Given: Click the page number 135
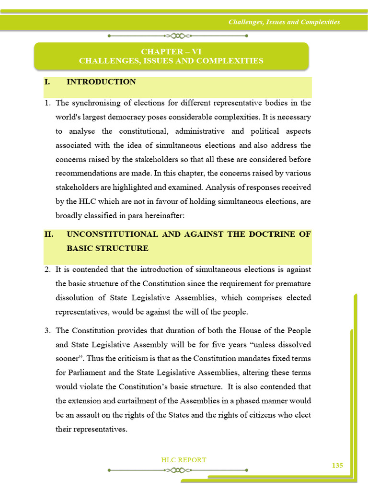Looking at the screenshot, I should click(337, 466).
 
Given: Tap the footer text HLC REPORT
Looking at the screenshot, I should click(184, 460).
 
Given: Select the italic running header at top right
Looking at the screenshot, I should click(284, 22).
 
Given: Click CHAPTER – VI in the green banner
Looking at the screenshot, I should click(171, 52).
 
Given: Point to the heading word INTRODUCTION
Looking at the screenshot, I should click(101, 82).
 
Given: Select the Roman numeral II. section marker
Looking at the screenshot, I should click(49, 234).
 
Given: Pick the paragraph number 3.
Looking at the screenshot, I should click(48, 331).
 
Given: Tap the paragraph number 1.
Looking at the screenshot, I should click(48, 103).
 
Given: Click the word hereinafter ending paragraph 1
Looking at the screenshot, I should click(161, 216).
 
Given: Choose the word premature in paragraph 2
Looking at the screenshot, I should click(293, 283).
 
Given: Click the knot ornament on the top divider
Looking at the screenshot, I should click(177, 35).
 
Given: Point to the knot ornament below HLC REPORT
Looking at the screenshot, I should click(177, 470).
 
